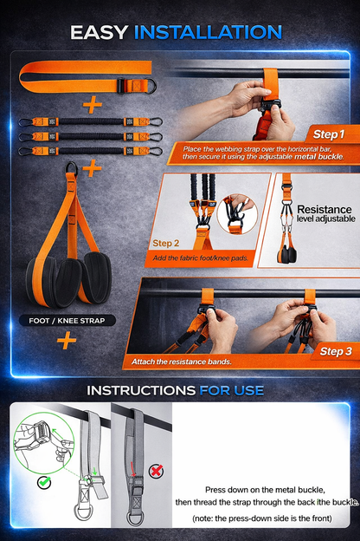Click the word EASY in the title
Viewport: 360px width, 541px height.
click(102, 33)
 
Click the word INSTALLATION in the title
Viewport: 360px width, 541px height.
click(207, 33)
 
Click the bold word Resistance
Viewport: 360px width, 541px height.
click(325, 210)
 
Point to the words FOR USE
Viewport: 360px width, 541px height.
click(232, 390)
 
